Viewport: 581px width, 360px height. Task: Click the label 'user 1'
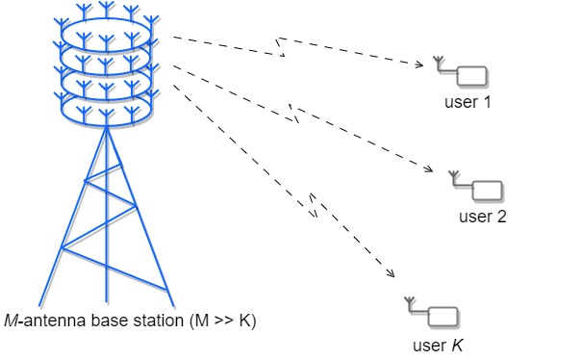click(x=468, y=101)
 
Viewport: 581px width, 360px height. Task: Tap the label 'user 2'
click(x=483, y=216)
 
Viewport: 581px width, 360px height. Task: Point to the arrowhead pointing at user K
click(x=392, y=276)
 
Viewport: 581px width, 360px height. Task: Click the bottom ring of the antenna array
click(x=106, y=104)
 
